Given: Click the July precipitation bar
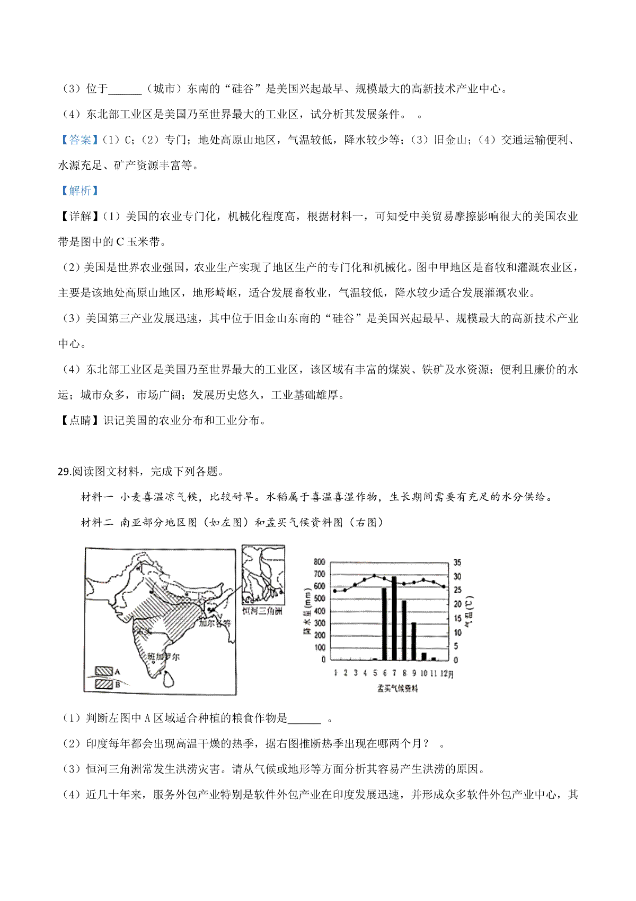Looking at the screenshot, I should coord(394,618).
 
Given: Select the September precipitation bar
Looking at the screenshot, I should coord(413,641).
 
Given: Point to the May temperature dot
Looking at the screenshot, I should coord(374,576).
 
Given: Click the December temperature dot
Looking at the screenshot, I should coord(444,586).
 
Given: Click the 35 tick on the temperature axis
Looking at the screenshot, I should coord(457,562).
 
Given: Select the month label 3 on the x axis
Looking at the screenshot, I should coord(355,673).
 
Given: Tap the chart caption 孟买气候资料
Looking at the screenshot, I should coord(397,688).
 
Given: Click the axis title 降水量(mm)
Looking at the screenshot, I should coord(307,611).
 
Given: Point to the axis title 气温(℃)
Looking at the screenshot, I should coord(469,611).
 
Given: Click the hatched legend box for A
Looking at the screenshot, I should coord(104,671).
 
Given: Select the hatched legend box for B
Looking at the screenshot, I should coord(104,684).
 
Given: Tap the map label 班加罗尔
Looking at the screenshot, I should coord(164,657).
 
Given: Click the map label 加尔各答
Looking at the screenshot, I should coord(215,623).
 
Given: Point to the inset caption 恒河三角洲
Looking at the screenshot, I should coord(262,611).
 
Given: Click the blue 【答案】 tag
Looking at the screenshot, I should coord(77,140).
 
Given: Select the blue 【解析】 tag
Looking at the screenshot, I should coord(77,191).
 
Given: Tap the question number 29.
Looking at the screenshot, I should coord(64,471).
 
